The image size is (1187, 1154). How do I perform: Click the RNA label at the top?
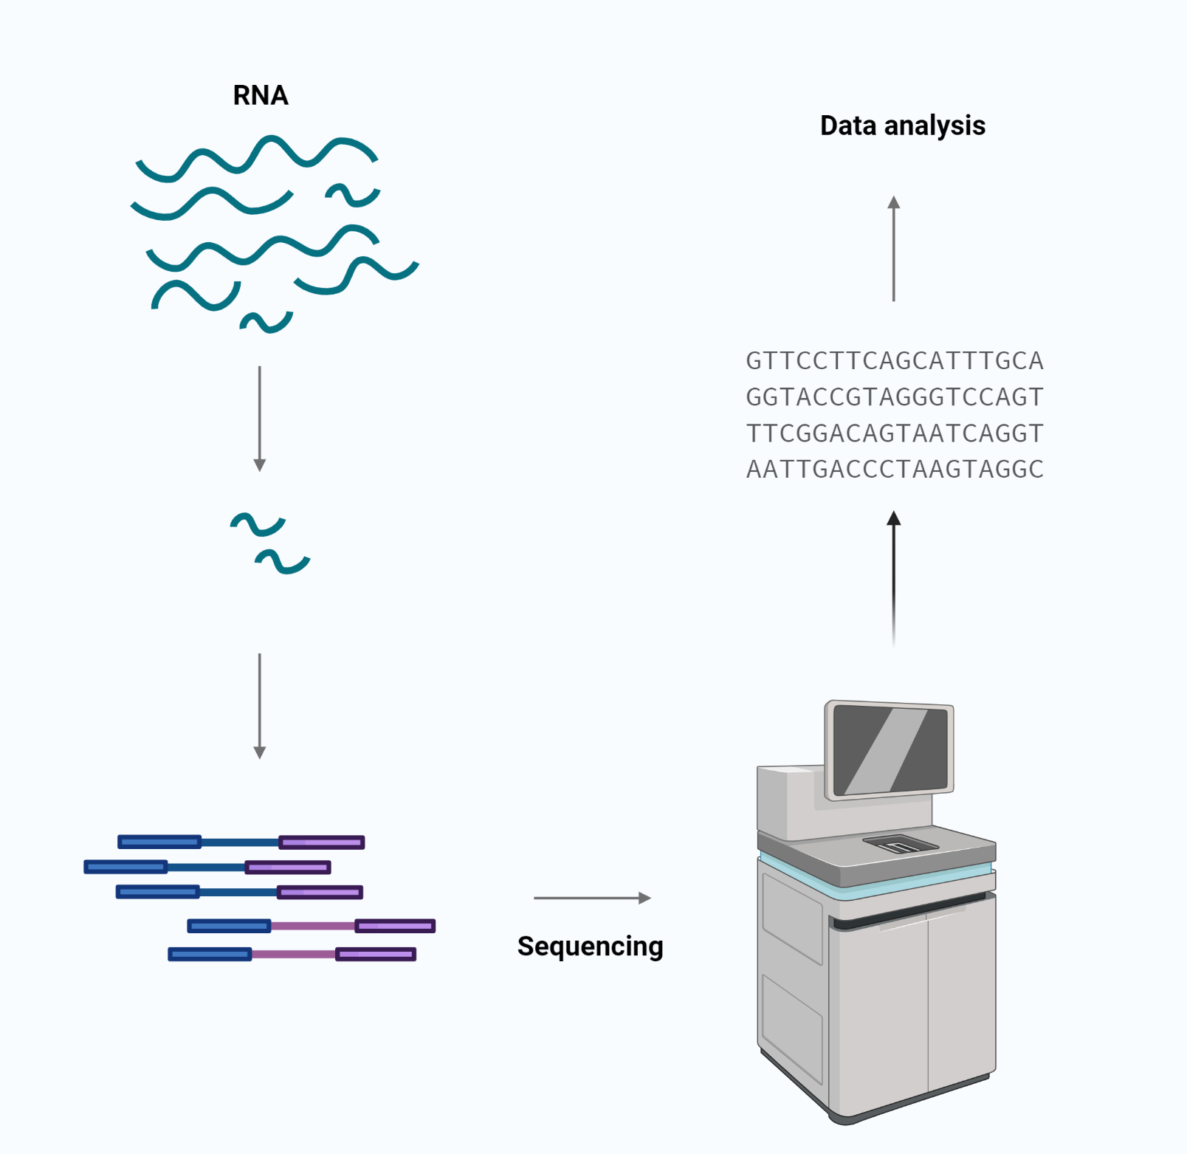pyautogui.click(x=261, y=95)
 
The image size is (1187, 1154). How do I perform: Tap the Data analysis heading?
pyautogui.click(x=902, y=126)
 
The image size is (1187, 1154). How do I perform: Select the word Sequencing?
pyautogui.click(x=590, y=946)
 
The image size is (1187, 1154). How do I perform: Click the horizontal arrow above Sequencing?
pyautogui.click(x=591, y=898)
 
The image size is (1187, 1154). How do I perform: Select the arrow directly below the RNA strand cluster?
pyautogui.click(x=259, y=418)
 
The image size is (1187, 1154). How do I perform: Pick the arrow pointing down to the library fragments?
pyautogui.click(x=259, y=705)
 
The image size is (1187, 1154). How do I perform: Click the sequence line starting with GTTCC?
pyautogui.click(x=894, y=361)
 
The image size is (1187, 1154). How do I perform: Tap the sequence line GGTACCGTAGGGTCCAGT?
pyautogui.click(x=894, y=397)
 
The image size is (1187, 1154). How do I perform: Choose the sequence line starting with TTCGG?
pyautogui.click(x=894, y=433)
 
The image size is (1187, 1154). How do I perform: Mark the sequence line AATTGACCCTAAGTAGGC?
pyautogui.click(x=894, y=470)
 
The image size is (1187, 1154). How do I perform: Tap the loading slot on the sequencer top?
pyautogui.click(x=901, y=844)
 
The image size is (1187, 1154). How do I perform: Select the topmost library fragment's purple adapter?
pyautogui.click(x=321, y=842)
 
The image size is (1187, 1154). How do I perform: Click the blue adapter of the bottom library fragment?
pyautogui.click(x=210, y=955)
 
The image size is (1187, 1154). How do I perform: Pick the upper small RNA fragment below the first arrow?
pyautogui.click(x=258, y=523)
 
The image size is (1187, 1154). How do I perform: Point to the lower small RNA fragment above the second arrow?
pyautogui.click(x=283, y=562)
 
